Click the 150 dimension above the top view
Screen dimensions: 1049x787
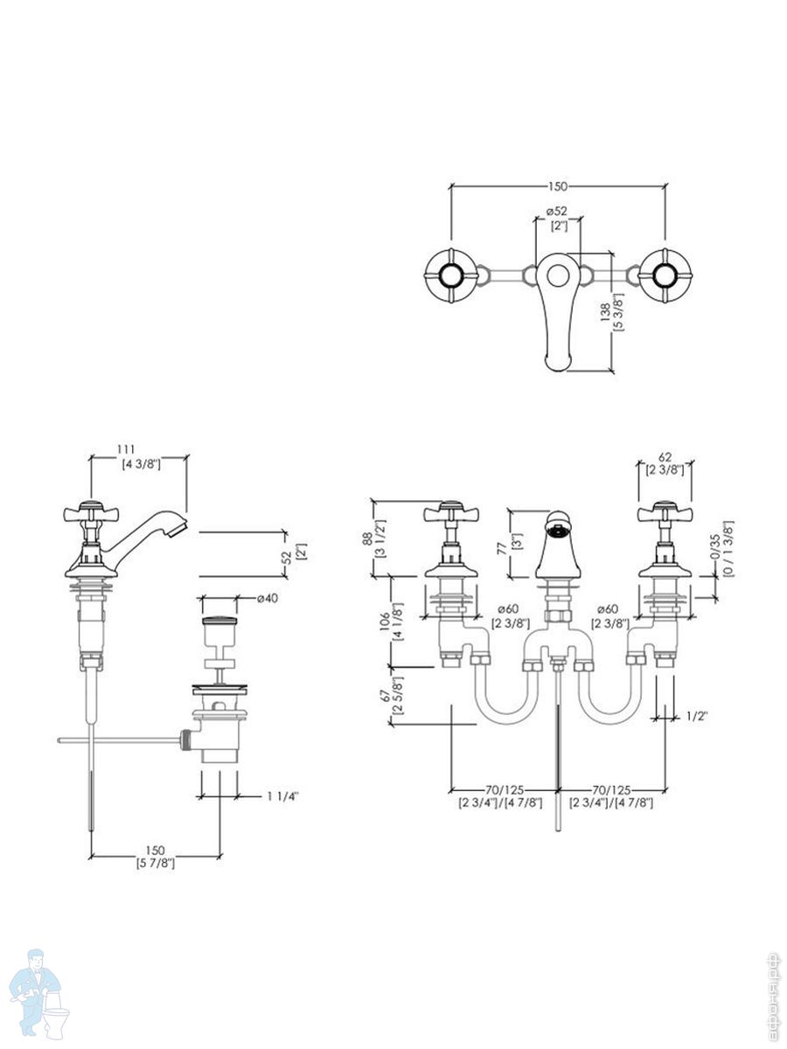pos(558,186)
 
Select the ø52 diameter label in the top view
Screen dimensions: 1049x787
pos(558,212)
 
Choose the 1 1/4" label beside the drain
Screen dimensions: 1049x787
pos(282,796)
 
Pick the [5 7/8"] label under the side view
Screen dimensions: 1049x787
pos(156,864)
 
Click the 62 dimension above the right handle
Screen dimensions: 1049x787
pos(665,456)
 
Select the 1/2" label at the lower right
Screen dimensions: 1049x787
pos(696,716)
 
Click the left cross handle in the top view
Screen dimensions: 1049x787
pos(450,274)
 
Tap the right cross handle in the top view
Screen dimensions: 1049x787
pos(665,274)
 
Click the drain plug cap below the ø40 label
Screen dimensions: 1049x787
pos(219,623)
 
